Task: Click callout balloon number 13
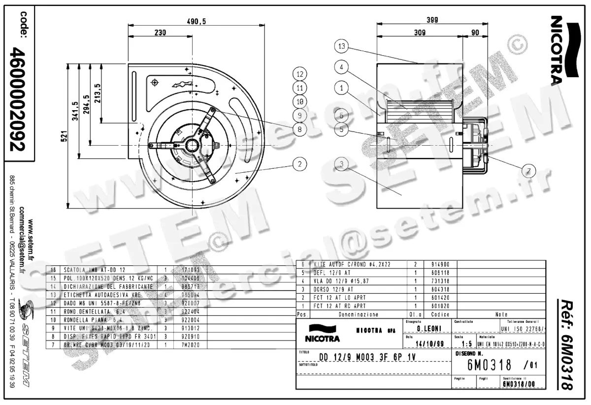[x=342, y=47]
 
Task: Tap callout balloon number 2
[x=299, y=164]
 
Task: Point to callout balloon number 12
[x=299, y=74]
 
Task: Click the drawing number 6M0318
[x=490, y=366]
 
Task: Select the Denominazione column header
[x=359, y=314]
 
